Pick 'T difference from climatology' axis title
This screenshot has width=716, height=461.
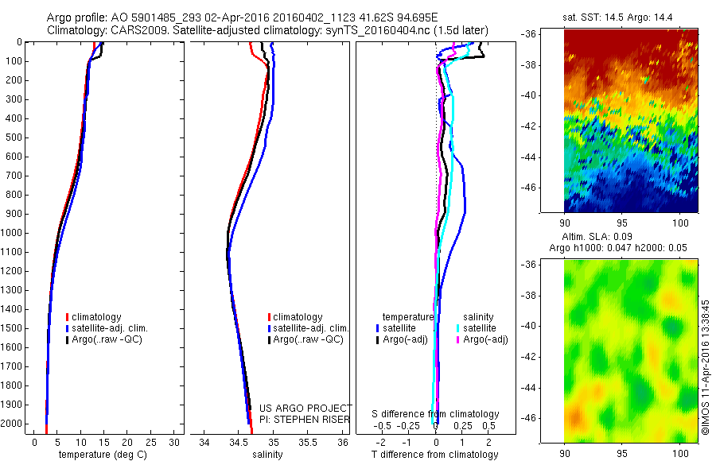pos(435,455)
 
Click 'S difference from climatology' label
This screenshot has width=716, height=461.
pos(435,414)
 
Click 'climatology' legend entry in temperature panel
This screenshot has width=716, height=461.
pos(96,317)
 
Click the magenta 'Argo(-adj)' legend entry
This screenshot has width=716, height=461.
pos(485,339)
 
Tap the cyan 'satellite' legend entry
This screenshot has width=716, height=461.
pos(481,327)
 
